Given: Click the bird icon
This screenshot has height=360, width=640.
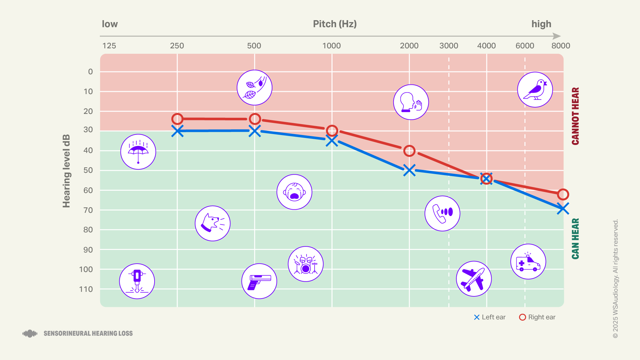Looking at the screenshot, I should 535,90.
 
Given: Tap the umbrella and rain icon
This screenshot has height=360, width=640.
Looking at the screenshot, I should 138,152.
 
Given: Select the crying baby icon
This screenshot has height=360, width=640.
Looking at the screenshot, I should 294,192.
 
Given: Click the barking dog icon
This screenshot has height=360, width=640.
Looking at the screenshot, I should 212,223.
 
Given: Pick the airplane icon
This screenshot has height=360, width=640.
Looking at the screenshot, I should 474,279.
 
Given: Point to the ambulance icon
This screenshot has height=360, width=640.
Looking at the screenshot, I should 528,261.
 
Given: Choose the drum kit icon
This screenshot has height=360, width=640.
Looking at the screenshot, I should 306,264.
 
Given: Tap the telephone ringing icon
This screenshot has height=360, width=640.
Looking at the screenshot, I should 442,213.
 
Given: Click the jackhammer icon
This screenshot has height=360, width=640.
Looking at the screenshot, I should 137,281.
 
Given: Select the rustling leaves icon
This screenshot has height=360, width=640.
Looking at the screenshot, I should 254,87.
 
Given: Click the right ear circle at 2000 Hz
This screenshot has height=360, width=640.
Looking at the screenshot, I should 409,151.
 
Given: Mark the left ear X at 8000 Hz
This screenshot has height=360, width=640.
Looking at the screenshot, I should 563,209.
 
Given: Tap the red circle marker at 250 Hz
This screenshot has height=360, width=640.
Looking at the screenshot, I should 177,119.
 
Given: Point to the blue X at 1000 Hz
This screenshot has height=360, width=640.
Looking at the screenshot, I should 332,140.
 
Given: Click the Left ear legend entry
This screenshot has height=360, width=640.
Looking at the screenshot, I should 490,317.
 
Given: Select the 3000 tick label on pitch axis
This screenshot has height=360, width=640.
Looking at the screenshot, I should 449,46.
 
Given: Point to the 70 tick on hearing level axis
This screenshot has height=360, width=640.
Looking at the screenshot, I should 88,210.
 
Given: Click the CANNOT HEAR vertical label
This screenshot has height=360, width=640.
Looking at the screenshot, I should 575,116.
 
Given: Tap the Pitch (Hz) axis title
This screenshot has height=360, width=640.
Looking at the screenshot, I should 335,24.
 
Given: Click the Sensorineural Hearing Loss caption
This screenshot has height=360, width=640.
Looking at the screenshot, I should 88,333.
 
